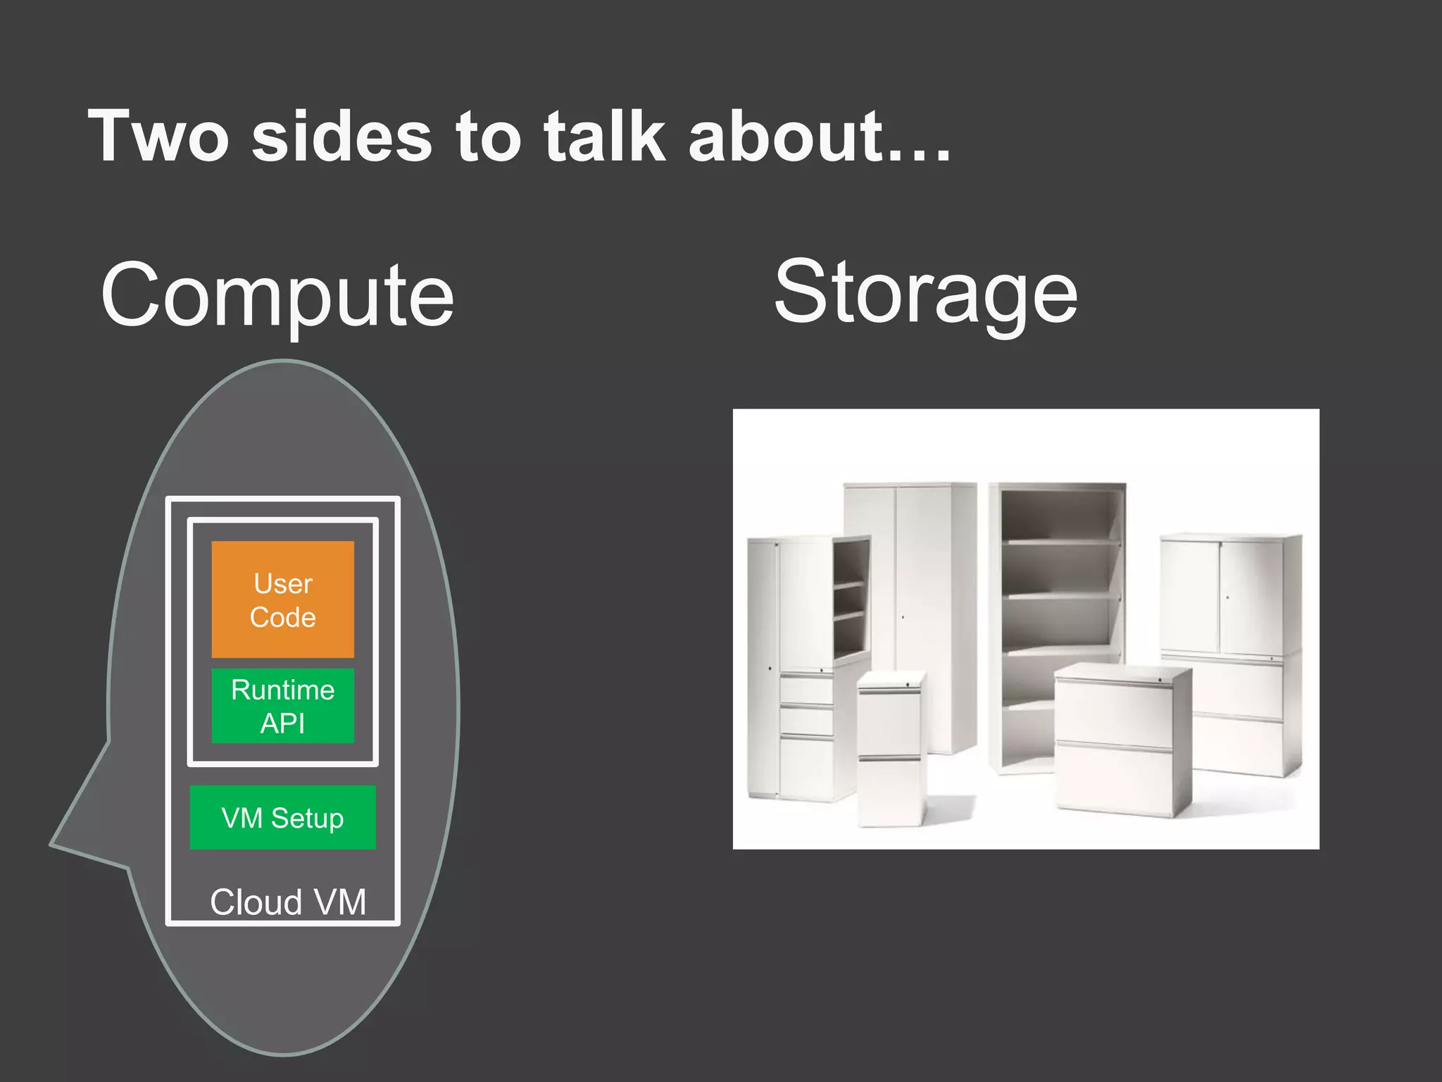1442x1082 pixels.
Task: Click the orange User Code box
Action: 282,599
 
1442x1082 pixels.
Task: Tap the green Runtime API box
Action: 282,706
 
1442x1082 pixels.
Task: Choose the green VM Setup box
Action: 282,817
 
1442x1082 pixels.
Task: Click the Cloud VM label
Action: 288,902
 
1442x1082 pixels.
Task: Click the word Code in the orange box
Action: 282,617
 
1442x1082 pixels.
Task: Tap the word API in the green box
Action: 282,723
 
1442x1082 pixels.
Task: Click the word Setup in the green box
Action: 307,819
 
